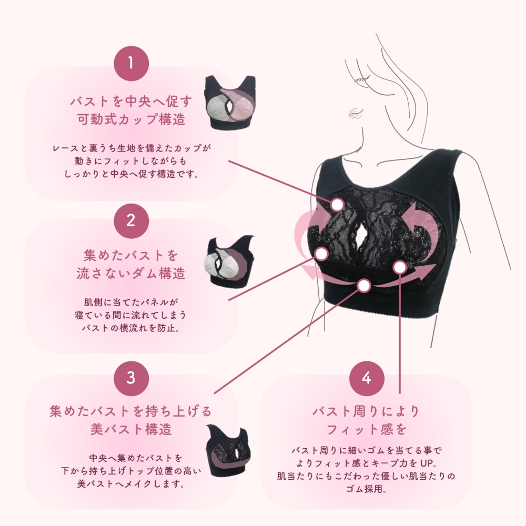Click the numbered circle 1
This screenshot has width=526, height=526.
click(x=131, y=64)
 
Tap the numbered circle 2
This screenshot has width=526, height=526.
click(x=131, y=221)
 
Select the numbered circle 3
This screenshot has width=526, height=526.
click(x=131, y=378)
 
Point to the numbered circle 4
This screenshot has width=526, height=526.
click(x=367, y=378)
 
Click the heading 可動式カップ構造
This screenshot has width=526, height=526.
click(x=131, y=119)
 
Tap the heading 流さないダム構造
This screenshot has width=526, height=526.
click(x=131, y=274)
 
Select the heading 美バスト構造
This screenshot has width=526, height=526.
click(x=131, y=429)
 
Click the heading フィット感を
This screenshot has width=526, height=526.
click(x=367, y=429)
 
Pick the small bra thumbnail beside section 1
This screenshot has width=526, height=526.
click(x=230, y=103)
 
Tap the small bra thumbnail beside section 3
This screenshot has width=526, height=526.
click(x=228, y=450)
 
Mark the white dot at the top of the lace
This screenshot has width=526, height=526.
click(x=338, y=204)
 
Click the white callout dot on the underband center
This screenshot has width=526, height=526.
click(x=364, y=286)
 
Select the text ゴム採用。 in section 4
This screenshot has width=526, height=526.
click(x=367, y=489)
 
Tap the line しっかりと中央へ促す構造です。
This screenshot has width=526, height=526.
click(x=131, y=174)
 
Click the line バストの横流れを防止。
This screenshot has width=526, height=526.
click(x=131, y=328)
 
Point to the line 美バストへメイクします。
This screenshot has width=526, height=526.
click(x=131, y=484)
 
